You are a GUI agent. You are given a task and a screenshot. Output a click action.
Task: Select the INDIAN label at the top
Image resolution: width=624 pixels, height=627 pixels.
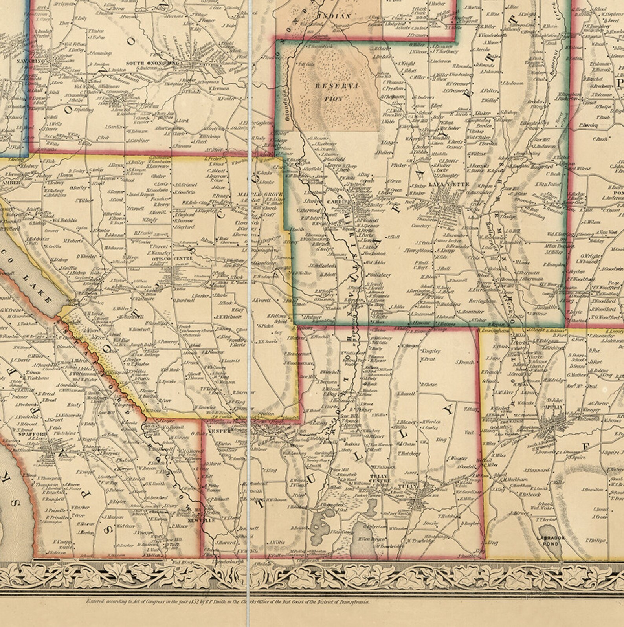338,16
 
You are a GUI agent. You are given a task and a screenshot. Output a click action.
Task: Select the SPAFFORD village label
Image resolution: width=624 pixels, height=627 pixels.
35,434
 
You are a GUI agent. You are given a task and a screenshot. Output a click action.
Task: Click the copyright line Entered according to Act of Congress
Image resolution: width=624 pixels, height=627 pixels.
228,601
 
